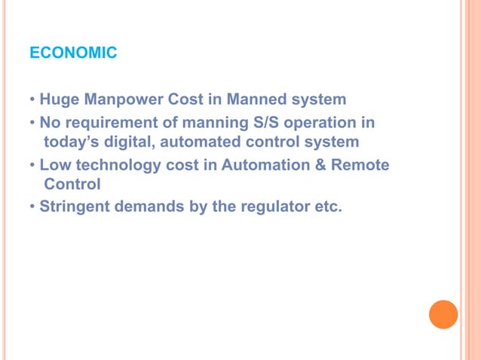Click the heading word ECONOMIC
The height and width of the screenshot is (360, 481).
pyautogui.click(x=72, y=53)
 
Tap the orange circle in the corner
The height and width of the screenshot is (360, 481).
pyautogui.click(x=443, y=314)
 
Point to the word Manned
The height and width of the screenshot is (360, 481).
pyautogui.click(x=259, y=99)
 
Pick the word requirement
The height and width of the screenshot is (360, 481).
pyautogui.click(x=108, y=122)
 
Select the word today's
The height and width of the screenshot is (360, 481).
pyautogui.click(x=73, y=141)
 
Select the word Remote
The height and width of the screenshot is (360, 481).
pyautogui.click(x=360, y=164)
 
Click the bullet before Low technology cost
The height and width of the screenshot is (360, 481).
pyautogui.click(x=33, y=164)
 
